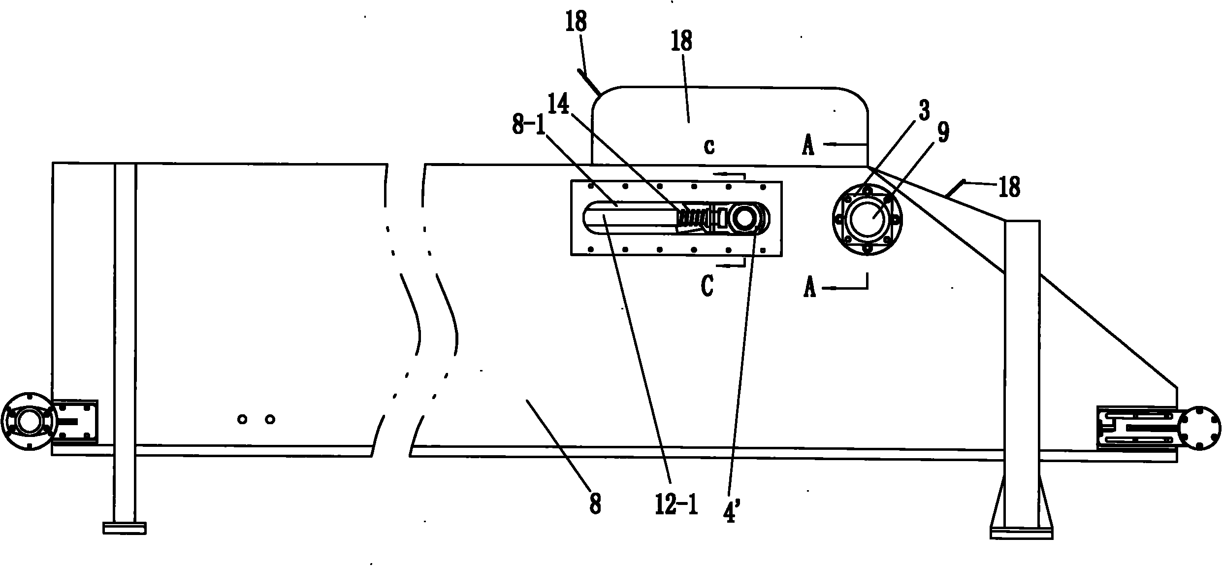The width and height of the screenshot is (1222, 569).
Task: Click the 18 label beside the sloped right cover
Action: coord(1008,188)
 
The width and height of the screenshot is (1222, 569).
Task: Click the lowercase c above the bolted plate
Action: coord(709,146)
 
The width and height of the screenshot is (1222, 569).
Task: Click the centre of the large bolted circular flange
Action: coord(868,219)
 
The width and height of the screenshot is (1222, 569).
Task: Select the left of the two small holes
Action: coord(242,419)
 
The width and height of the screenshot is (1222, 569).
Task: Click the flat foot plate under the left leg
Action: coord(125,528)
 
